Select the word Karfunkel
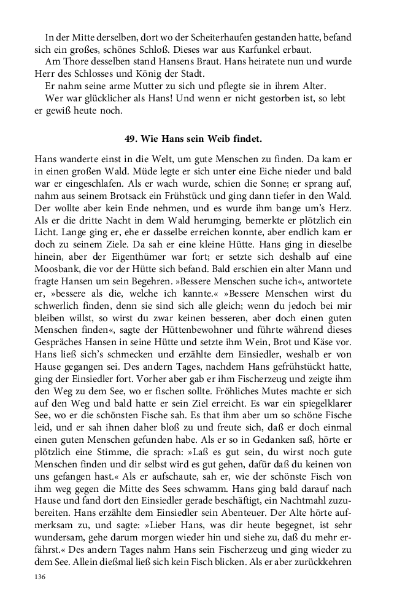[264, 49]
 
